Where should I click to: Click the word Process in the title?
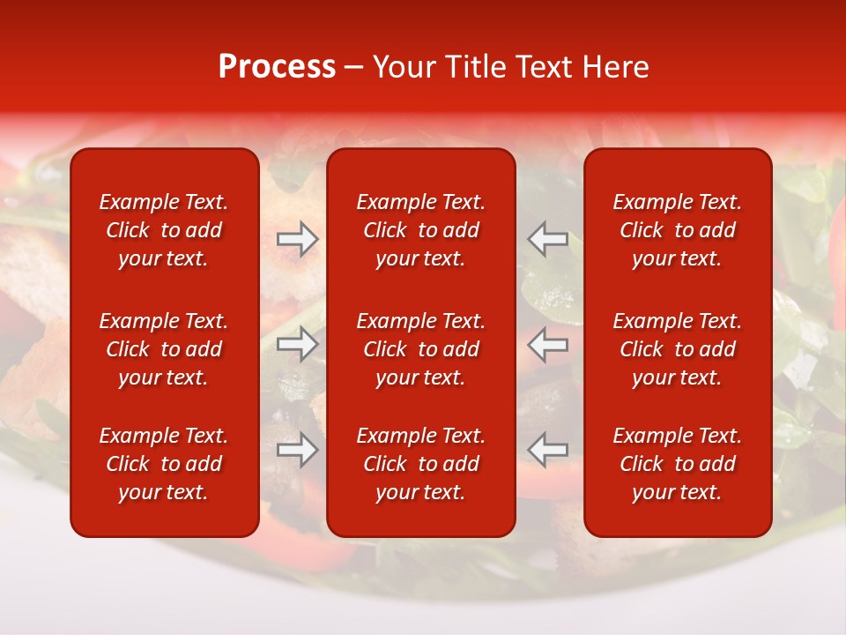[277, 67]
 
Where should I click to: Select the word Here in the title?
[618, 67]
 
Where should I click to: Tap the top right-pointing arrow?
[297, 239]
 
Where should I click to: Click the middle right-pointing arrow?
[297, 343]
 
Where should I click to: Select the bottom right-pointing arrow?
[297, 450]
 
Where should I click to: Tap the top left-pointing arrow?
[547, 239]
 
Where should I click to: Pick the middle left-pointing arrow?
[547, 343]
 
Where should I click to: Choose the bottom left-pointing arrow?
[547, 450]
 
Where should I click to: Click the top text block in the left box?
[164, 230]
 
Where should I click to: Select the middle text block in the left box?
[164, 349]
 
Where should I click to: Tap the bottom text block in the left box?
[164, 464]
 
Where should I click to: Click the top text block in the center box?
[420, 230]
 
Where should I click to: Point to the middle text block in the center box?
[420, 349]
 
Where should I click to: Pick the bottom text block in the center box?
[420, 464]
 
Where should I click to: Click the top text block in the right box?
[677, 230]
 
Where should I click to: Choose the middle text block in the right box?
[677, 349]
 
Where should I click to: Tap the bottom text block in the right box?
[677, 464]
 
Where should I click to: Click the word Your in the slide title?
[401, 67]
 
